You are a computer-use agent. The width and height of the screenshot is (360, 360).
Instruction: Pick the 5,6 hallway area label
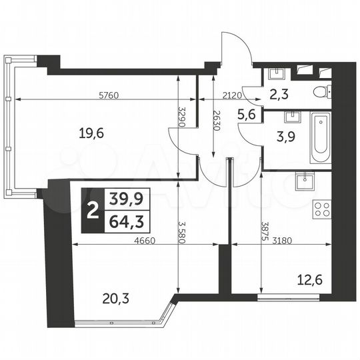click(247, 113)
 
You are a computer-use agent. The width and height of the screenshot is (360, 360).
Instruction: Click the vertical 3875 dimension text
click(266, 230)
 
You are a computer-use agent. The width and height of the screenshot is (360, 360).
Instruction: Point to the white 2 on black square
click(91, 209)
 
